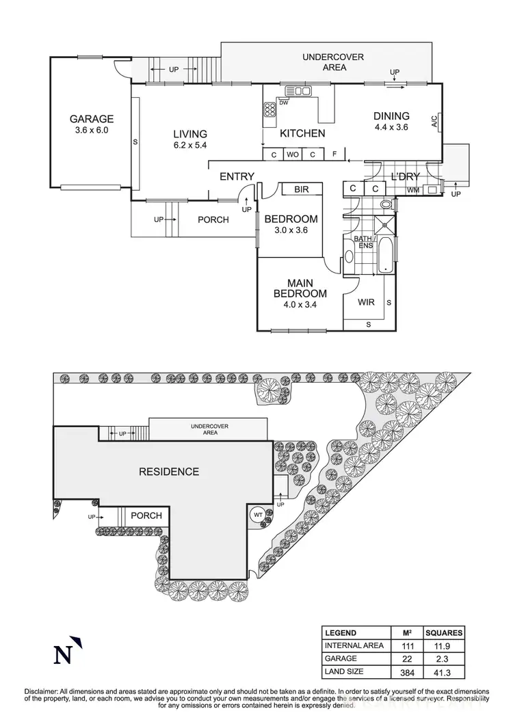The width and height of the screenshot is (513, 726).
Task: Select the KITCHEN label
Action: point(302,133)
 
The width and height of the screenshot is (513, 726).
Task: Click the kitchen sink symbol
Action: point(298,90)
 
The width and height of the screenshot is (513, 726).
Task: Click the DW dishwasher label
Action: point(283,103)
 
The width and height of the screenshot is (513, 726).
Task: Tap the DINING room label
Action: point(391,116)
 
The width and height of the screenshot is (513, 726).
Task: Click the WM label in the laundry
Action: point(412,189)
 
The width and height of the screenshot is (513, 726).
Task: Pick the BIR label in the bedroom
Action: point(302,189)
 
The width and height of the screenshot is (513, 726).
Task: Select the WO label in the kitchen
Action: point(293,154)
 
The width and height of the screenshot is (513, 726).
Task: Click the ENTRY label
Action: point(237,176)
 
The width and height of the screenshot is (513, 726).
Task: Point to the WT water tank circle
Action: point(259,514)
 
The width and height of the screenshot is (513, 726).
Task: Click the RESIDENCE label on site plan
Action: point(169,472)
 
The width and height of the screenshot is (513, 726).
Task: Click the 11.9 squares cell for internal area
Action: point(446,645)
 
